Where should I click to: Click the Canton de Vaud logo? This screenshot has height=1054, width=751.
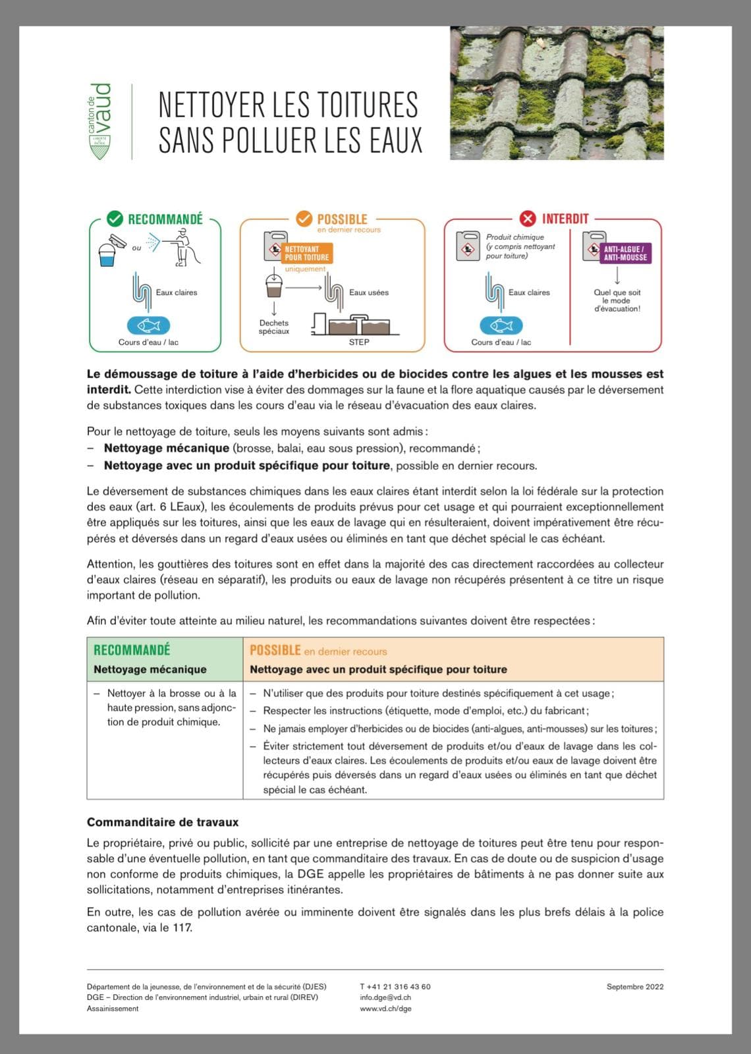pyautogui.click(x=100, y=121)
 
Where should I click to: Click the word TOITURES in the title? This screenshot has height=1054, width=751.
pyautogui.click(x=358, y=105)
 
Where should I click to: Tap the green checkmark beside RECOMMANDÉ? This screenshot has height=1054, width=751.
pyautogui.click(x=115, y=219)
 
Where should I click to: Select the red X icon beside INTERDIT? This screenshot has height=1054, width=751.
pyautogui.click(x=528, y=219)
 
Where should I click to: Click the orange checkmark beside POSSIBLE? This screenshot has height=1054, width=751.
pyautogui.click(x=304, y=219)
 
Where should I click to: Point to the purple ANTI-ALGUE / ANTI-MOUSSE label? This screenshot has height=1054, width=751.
pyautogui.click(x=626, y=254)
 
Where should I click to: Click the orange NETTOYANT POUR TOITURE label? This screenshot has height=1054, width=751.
pyautogui.click(x=307, y=254)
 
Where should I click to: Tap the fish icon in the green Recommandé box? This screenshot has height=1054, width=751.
pyautogui.click(x=149, y=325)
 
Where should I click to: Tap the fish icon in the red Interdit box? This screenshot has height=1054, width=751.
pyautogui.click(x=501, y=325)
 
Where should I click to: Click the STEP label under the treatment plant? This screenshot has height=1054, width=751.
pyautogui.click(x=359, y=342)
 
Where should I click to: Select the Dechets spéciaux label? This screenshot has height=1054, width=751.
pyautogui.click(x=274, y=327)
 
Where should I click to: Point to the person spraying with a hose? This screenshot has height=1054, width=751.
pyautogui.click(x=183, y=248)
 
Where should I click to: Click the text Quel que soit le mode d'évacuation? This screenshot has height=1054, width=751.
pyautogui.click(x=617, y=300)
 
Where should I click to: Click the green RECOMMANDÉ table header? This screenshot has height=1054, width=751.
pyautogui.click(x=132, y=650)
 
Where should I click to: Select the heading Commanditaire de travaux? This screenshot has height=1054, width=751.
pyautogui.click(x=163, y=822)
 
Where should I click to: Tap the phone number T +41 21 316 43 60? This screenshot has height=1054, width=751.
pyautogui.click(x=395, y=987)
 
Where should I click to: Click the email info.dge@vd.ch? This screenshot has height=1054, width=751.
pyautogui.click(x=385, y=997)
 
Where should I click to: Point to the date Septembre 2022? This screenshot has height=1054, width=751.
pyautogui.click(x=635, y=987)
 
